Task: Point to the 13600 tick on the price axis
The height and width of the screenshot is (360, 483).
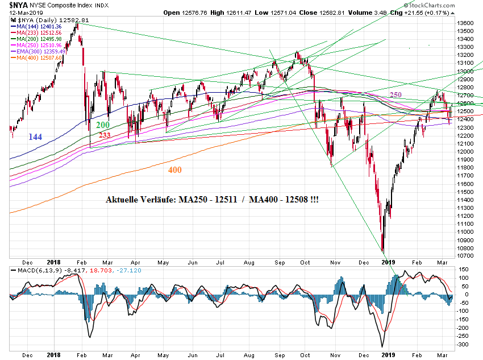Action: [465, 23]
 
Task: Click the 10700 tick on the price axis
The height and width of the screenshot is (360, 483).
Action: [465, 256]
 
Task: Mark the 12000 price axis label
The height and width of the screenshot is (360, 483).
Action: [465, 151]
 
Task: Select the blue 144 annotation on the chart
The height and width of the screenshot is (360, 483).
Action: [35, 136]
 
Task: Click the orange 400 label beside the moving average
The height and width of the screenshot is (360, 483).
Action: [175, 169]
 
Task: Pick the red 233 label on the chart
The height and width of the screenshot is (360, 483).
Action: [106, 135]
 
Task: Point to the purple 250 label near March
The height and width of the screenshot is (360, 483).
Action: [396, 94]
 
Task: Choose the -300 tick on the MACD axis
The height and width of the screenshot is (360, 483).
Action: [464, 345]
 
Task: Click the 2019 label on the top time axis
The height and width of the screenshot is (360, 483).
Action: [388, 262]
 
